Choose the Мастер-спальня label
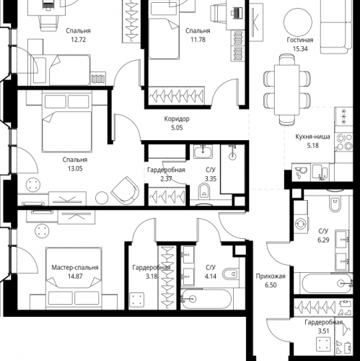[x=75, y=267]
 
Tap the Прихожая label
[x=271, y=276]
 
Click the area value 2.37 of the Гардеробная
[x=166, y=178]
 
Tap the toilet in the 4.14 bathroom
[x=232, y=275]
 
